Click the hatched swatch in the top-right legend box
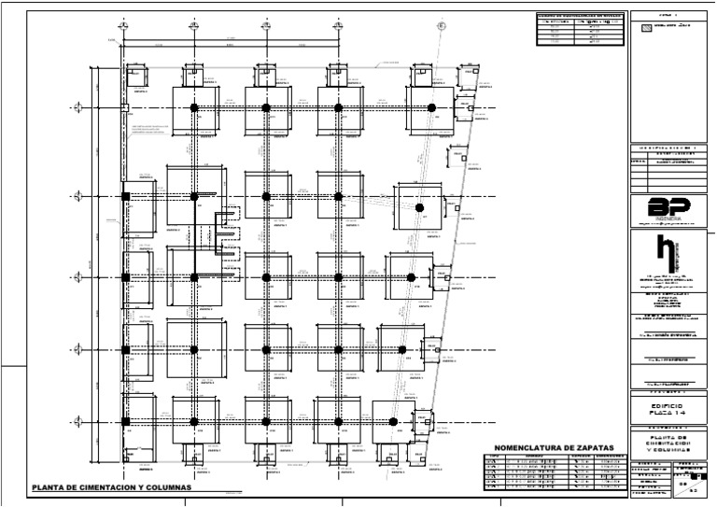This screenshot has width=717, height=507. click(x=647, y=28)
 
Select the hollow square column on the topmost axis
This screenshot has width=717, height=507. click(x=124, y=109)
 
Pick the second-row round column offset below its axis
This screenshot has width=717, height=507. click(x=420, y=207)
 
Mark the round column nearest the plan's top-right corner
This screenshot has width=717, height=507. click(x=430, y=108)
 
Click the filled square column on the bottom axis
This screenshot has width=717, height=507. click(x=125, y=423)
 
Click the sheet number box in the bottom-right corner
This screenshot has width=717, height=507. click(x=684, y=484)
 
